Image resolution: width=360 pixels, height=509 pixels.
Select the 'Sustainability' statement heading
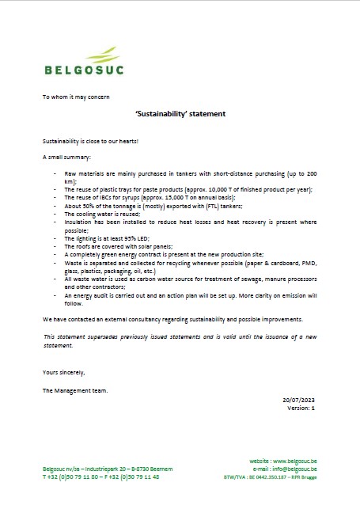pos(180,114)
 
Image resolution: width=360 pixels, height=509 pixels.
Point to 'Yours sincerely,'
pos(63,371)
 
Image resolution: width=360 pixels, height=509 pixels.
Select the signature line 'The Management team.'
pos(74,390)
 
